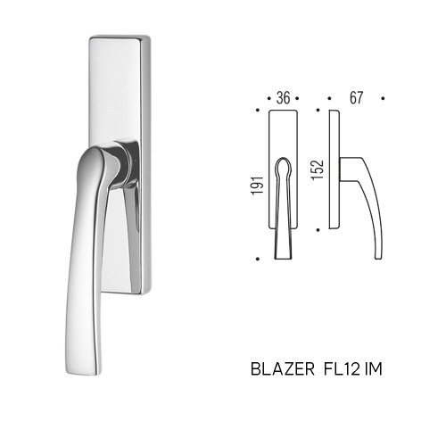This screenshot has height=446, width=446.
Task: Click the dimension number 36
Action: click(283, 98)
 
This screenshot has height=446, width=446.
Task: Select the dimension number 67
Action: click(356, 98)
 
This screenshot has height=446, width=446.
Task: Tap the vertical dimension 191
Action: click(258, 186)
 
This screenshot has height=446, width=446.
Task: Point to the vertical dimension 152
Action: click(317, 169)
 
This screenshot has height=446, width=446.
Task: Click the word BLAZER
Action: click(283, 369)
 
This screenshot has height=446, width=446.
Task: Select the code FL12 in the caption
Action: click(342, 369)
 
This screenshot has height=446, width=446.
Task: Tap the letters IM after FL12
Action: click(373, 369)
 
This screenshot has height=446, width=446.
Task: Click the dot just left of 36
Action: click(269, 98)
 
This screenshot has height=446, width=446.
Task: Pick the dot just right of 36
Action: click(297, 98)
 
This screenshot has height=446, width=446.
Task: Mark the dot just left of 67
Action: click(329, 98)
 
